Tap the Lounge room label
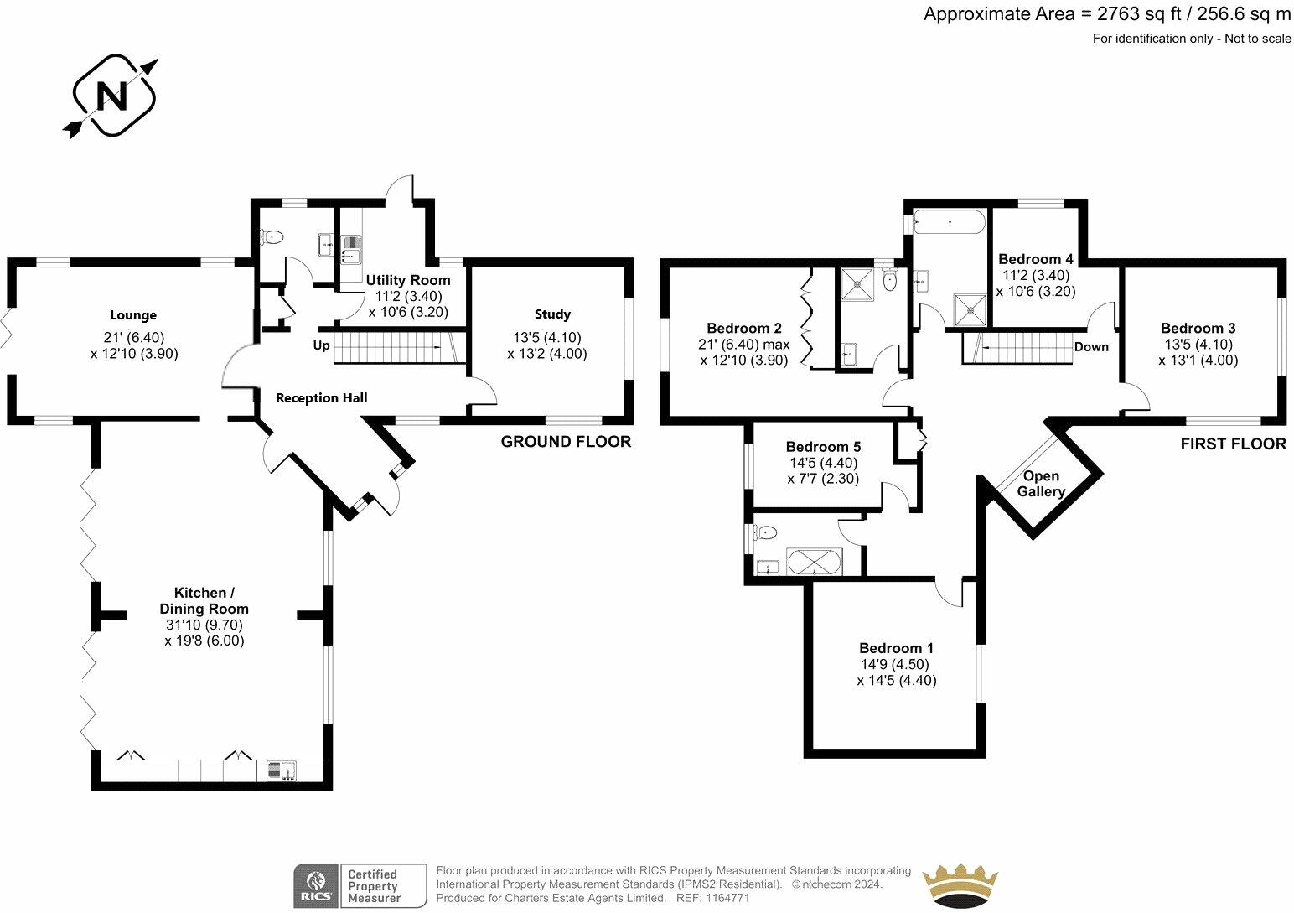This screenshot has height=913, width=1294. tap(133, 315)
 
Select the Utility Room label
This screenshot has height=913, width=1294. tap(408, 280)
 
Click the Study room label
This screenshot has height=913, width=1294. tap(552, 314)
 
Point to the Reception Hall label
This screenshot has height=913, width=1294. tap(322, 398)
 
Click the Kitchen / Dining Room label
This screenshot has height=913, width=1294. tap(204, 600)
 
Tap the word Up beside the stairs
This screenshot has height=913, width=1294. tap(322, 345)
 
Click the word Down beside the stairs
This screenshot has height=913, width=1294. tap(1091, 347)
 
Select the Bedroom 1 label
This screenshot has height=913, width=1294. tap(896, 648)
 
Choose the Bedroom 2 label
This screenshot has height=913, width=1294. tap(744, 329)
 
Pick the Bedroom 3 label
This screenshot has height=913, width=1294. tap(1198, 329)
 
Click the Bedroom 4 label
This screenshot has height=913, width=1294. tap(1035, 259)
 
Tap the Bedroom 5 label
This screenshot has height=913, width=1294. tap(823, 447)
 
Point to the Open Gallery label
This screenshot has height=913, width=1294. tap(1041, 484)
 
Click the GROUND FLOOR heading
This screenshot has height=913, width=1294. tap(566, 442)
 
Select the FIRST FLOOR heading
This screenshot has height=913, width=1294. tap(1233, 444)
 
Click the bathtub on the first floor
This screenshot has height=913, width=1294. tap(950, 223)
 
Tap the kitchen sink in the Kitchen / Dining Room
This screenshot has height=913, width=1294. tap(282, 770)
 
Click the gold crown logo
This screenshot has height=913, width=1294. tap(960, 884)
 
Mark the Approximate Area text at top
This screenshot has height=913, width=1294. tap(1106, 14)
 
